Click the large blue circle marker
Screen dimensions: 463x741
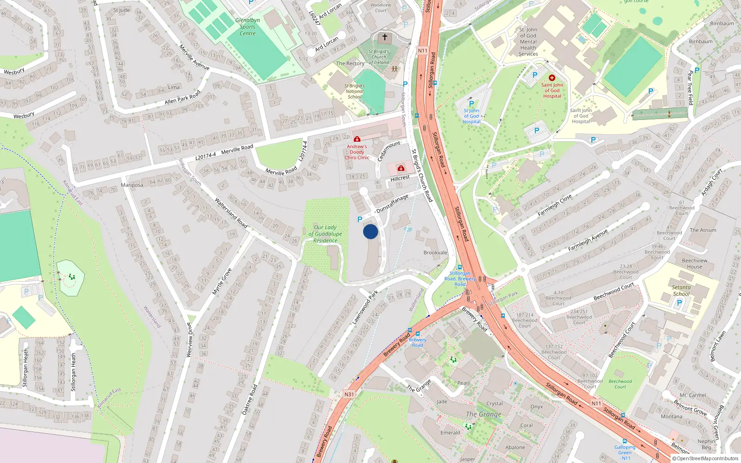point(370,231)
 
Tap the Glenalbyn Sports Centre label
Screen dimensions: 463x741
point(247,27)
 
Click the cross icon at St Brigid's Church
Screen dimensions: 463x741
point(384,37)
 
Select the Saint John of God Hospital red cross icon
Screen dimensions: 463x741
point(552,78)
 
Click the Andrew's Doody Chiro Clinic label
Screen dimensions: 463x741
point(357,152)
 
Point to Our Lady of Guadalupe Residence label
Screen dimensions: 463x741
point(325,234)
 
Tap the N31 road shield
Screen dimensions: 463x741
point(349,394)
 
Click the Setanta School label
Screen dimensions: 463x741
point(681,290)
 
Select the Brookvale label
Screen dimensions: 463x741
point(435,253)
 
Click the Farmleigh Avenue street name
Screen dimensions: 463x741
point(588,241)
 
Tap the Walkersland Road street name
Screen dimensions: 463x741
point(231,213)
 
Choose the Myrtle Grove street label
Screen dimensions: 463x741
point(221,282)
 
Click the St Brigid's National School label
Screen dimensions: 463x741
point(354,91)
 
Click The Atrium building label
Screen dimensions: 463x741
point(703,230)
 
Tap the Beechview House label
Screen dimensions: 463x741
point(694,263)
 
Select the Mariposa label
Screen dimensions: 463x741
point(132,185)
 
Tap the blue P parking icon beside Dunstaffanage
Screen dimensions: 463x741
point(360,219)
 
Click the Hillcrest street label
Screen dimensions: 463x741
point(400,178)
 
